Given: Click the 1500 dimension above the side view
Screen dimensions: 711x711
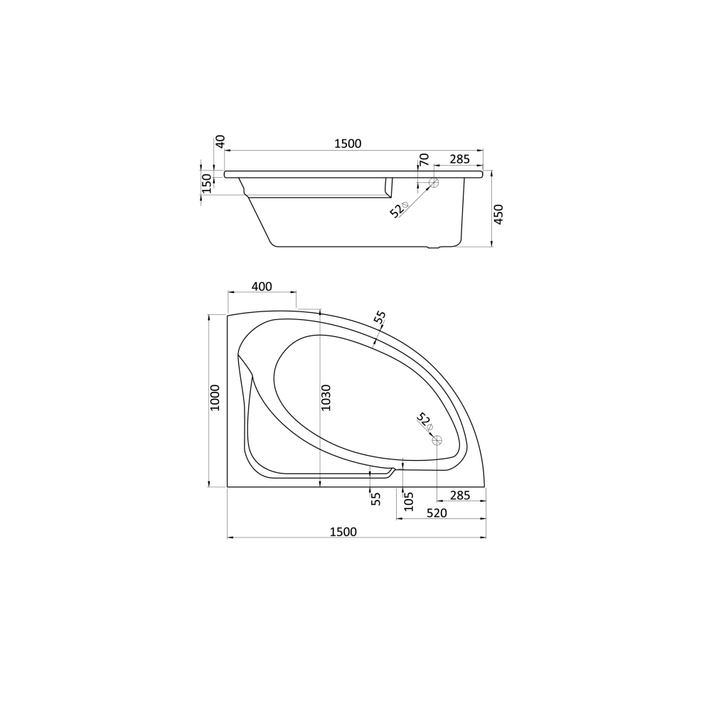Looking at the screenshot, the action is click(348, 144).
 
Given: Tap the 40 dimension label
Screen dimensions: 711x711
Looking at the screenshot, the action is click(220, 141).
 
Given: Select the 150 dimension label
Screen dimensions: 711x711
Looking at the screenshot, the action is click(206, 183).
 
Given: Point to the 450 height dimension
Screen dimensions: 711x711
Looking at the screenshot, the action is click(498, 215).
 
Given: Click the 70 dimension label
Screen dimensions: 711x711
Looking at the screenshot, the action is click(424, 159).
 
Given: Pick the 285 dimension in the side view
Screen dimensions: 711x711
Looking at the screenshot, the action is click(460, 159).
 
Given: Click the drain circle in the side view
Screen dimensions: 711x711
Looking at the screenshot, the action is click(434, 183).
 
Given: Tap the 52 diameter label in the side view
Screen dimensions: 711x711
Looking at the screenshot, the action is click(399, 210).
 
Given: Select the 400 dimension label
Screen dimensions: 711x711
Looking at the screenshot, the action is click(262, 287).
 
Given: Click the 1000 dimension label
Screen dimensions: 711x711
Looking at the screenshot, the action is click(215, 397).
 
